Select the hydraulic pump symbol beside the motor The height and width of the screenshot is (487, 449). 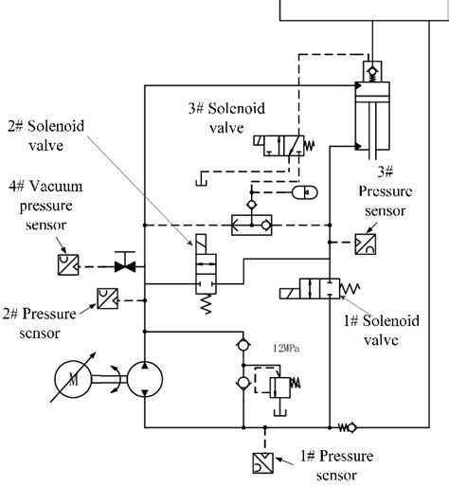143,378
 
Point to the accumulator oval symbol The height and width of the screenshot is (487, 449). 305,191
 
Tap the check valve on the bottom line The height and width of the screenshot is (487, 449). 347,427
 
